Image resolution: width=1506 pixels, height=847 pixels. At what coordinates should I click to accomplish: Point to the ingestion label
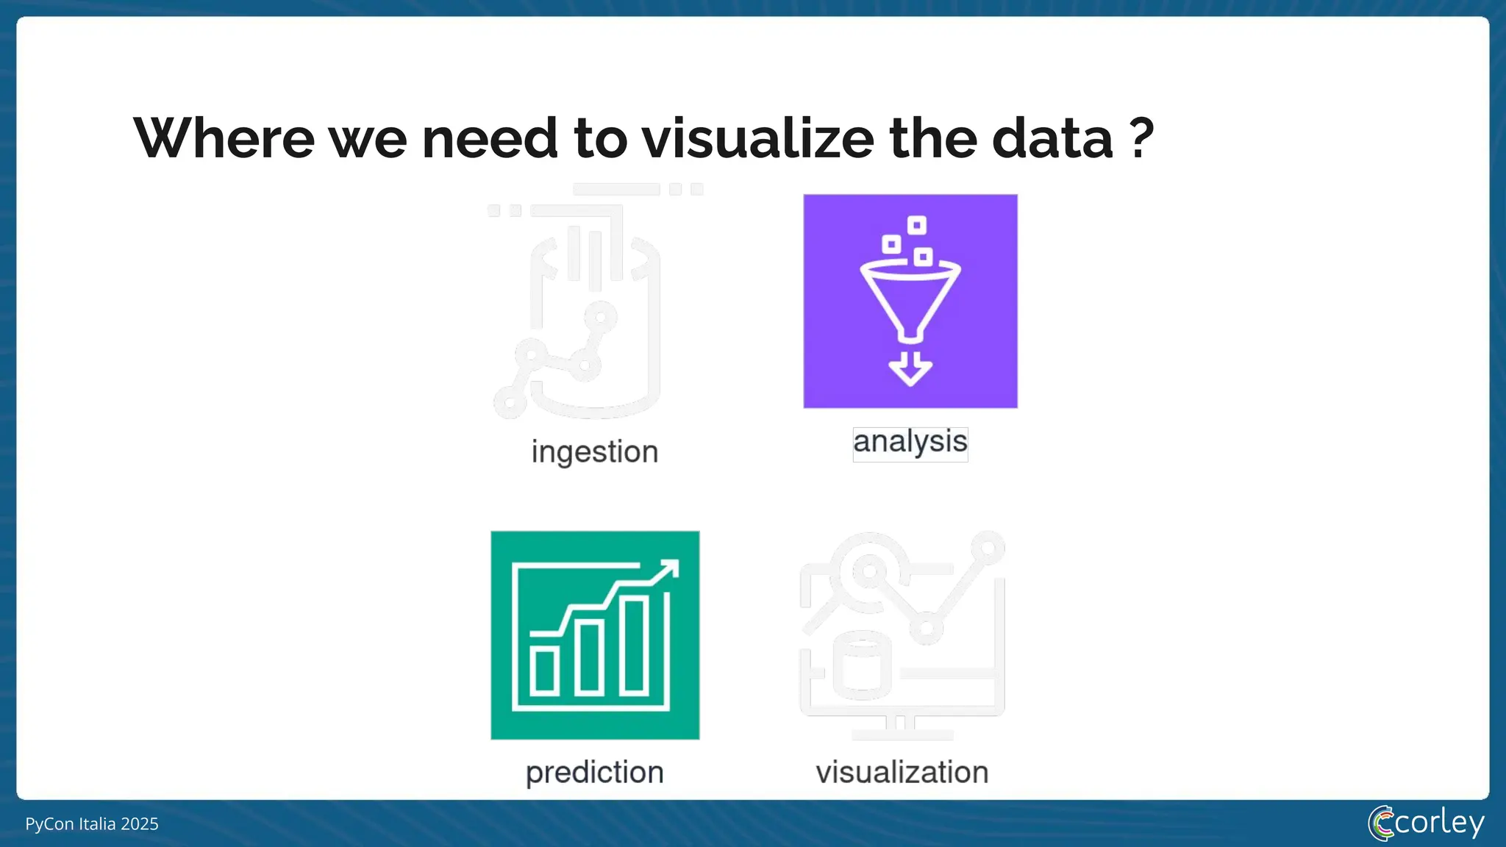click(594, 451)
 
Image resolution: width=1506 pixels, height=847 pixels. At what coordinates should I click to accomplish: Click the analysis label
click(910, 443)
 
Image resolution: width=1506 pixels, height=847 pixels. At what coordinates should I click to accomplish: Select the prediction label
click(594, 772)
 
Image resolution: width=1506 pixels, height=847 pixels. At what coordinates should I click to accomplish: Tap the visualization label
click(902, 772)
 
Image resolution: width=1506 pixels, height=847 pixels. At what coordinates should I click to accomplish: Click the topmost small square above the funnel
click(916, 225)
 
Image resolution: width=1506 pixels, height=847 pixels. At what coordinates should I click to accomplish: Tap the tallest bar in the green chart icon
click(634, 646)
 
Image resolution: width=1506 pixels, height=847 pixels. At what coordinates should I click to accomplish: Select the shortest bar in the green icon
click(545, 671)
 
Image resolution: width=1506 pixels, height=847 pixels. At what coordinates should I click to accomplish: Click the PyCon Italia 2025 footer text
click(92, 823)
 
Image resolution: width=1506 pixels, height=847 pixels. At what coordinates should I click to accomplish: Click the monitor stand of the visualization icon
click(901, 728)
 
